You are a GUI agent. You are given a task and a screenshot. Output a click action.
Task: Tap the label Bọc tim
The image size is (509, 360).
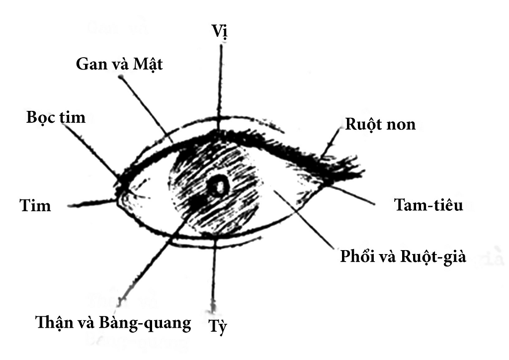[x=56, y=118]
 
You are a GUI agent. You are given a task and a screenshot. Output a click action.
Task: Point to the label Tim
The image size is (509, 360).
[x=35, y=205]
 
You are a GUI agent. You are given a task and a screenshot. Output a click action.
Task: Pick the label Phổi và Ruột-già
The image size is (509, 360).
[x=403, y=257]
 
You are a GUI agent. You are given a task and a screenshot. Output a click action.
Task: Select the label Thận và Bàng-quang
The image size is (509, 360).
[x=113, y=323]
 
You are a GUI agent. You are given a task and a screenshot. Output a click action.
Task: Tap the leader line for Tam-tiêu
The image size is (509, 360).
[x=353, y=195]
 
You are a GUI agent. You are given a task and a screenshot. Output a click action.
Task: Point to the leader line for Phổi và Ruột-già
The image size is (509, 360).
[x=303, y=219]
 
